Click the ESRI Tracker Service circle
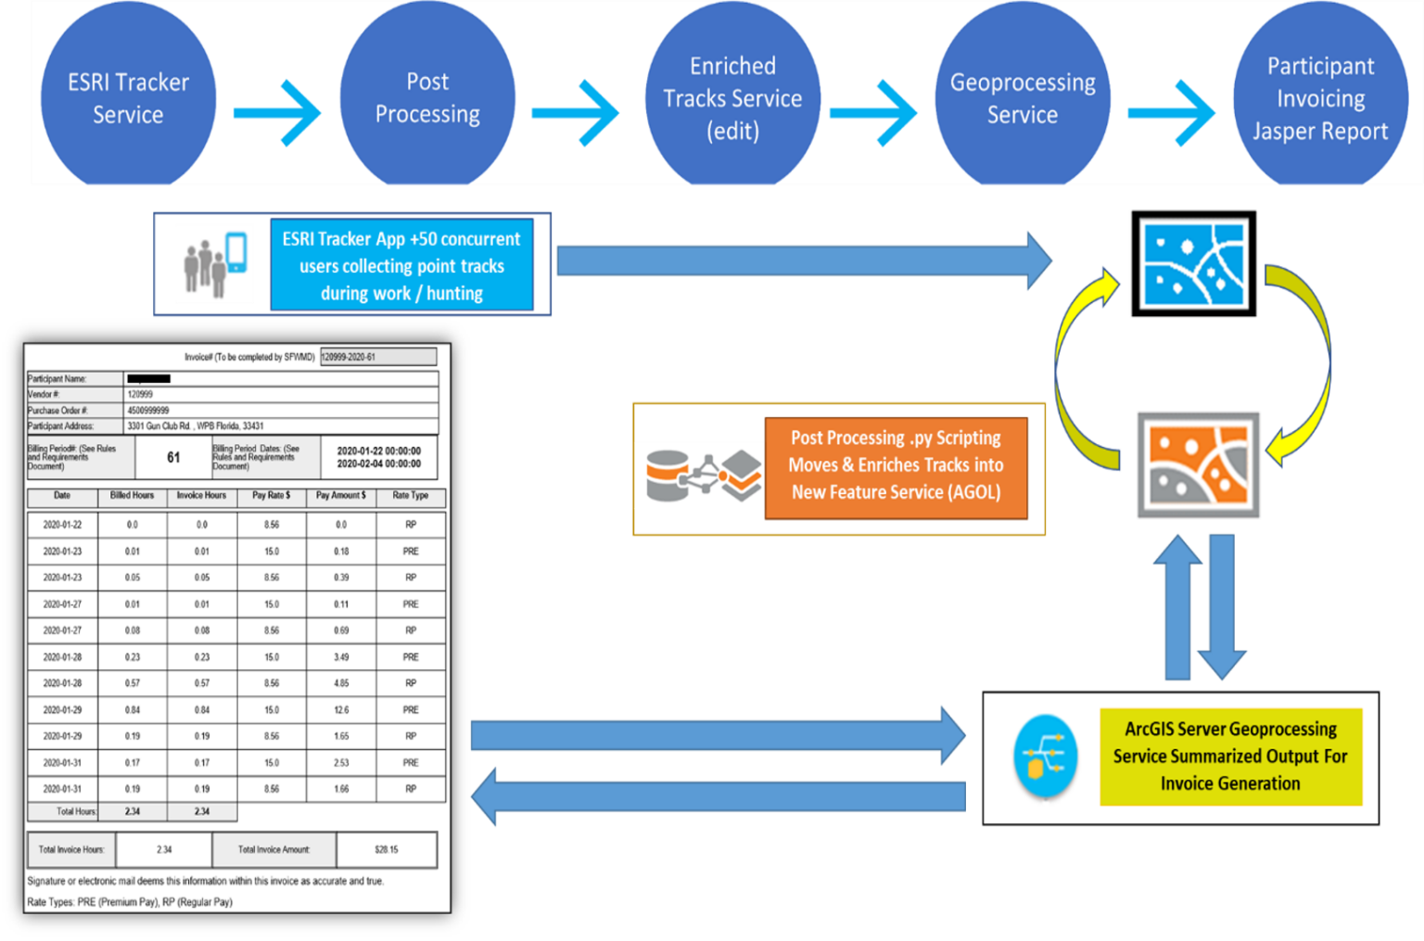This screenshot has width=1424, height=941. coord(128,99)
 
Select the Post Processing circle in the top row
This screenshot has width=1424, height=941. coord(427,98)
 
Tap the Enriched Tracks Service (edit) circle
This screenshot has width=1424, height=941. coord(732,98)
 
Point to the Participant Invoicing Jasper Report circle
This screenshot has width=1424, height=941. coord(1320,98)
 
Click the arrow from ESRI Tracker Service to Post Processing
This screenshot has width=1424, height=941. coord(277,113)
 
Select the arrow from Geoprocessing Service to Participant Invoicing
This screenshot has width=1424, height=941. coord(1171,113)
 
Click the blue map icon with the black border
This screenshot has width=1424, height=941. coord(1193,264)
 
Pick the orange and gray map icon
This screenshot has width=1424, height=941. coord(1199,464)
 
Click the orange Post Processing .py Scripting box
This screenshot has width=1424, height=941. coord(896,466)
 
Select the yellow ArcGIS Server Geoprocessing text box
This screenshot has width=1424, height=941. coord(1230,757)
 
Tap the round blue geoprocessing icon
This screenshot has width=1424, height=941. coord(1046,757)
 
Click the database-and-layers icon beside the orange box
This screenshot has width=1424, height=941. coord(700,475)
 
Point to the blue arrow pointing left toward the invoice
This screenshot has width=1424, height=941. coord(718,796)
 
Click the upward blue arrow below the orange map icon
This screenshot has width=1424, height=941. coord(1177,607)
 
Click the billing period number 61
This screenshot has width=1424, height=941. coord(173,457)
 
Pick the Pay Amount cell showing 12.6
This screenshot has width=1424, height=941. coord(341,710)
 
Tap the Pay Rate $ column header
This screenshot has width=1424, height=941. coord(271,496)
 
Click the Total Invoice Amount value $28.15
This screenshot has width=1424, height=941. coord(387,849)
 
